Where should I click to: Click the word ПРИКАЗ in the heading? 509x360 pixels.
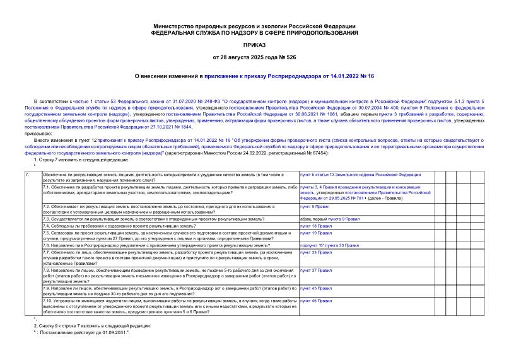254,45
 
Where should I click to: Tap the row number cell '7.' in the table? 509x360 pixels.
26,173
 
